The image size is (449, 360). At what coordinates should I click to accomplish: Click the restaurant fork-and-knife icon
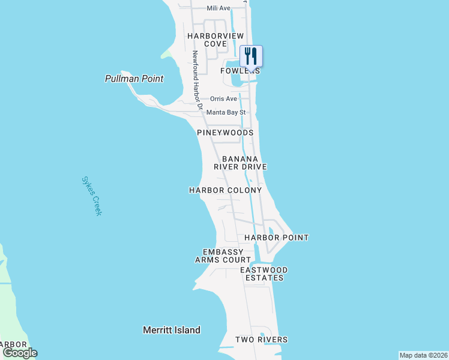click(x=251, y=56)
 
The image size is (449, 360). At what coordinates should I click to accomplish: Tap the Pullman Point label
click(x=134, y=79)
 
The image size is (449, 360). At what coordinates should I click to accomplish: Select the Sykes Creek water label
click(x=92, y=196)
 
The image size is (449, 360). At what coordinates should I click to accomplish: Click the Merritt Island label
click(x=172, y=330)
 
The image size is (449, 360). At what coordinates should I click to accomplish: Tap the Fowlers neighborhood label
click(x=240, y=70)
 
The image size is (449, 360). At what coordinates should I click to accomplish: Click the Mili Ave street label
click(x=218, y=8)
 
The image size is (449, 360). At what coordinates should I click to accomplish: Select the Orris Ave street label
click(x=223, y=98)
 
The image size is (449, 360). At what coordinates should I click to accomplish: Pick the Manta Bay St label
click(x=226, y=112)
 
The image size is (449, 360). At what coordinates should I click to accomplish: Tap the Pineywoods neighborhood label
click(x=225, y=132)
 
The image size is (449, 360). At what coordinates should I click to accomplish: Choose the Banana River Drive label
click(x=244, y=163)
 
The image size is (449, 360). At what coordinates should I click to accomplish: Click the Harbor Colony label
click(x=225, y=190)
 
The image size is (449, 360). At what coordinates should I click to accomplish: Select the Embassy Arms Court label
click(x=223, y=256)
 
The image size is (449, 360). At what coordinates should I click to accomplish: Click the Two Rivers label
click(x=261, y=340)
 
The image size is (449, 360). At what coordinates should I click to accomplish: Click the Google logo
click(x=19, y=353)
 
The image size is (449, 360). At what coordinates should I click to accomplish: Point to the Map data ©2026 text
click(x=423, y=355)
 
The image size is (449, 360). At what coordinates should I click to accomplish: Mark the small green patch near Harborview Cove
click(x=166, y=56)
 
